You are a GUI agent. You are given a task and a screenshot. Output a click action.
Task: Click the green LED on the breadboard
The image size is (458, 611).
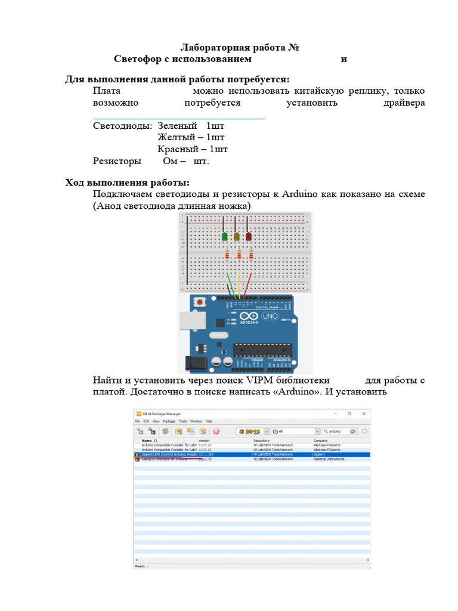coord(225,237)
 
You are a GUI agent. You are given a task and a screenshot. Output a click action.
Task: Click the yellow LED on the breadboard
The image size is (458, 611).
coord(237,237)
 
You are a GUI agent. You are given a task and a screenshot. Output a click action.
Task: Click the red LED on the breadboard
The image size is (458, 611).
coord(249,237)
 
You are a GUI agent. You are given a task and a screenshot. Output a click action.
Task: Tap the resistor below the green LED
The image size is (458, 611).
coord(227,255)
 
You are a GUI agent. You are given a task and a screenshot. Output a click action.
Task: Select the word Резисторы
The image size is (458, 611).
coord(117,161)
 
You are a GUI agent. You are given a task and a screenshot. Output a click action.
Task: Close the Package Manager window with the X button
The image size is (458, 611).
coord(364,413)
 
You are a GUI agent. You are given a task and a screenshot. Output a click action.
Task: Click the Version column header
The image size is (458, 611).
coord(205,440)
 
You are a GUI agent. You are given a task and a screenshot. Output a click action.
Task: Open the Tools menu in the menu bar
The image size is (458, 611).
coord(182,421)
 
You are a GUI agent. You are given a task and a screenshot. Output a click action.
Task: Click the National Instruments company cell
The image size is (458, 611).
coord(329,459)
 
